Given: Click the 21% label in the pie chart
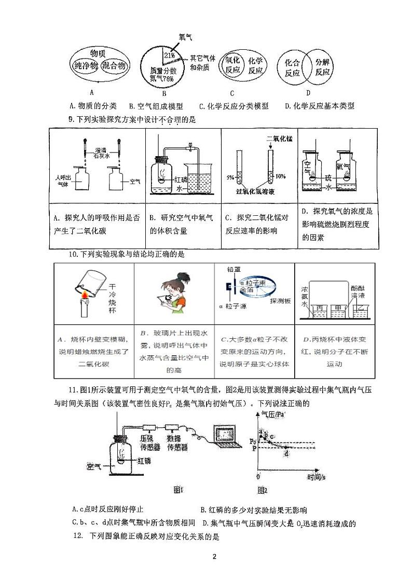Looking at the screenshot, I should click(x=169, y=55).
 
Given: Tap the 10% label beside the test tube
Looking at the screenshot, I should click(x=281, y=176).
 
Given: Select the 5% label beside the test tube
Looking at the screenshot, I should click(x=230, y=177).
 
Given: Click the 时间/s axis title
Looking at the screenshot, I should click(x=316, y=477).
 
